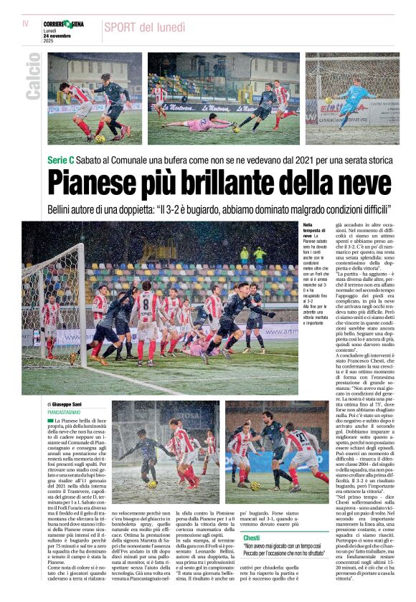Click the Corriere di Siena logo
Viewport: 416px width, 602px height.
click(62, 24)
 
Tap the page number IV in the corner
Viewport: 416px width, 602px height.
click(25, 24)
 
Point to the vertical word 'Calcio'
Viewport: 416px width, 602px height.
click(33, 76)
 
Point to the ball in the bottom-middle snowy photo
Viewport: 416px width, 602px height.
click(152, 484)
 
